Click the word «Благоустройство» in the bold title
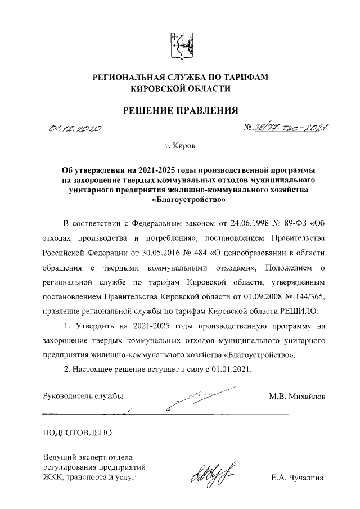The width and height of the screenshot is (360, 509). click(x=181, y=199)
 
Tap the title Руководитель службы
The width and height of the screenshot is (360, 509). click(x=83, y=397)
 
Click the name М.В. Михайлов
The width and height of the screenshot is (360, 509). click(x=297, y=397)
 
